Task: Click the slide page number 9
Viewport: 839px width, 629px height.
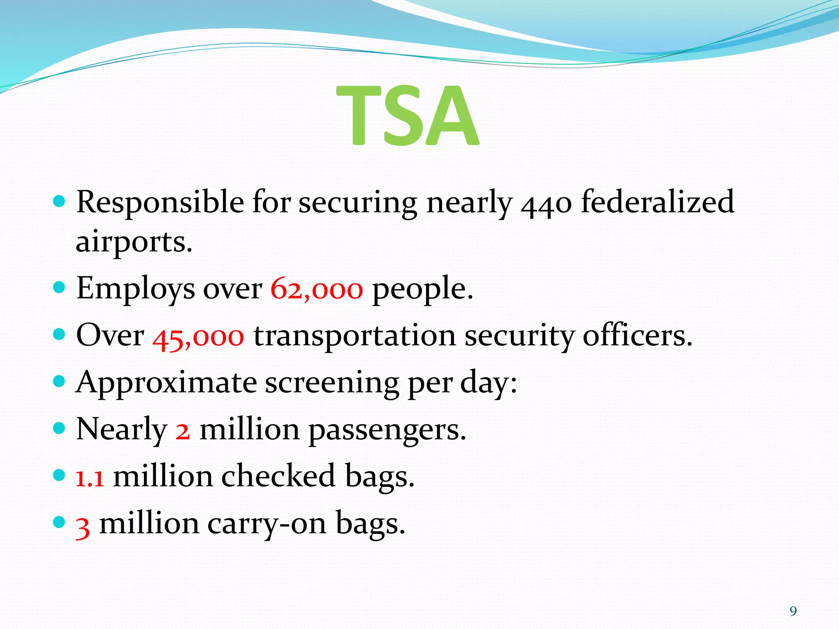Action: coord(793,611)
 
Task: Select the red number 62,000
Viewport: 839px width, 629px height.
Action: coord(317,289)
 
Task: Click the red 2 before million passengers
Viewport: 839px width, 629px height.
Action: coord(183,430)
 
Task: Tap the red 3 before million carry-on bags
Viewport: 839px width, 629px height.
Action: coord(83,525)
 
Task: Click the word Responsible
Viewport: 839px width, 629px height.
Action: coord(160,203)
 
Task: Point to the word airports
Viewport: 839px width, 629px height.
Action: coord(134,242)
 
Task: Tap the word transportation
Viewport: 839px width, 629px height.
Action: coord(355,336)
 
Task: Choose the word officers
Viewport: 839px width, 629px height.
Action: coord(637,336)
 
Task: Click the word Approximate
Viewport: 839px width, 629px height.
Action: coord(166,383)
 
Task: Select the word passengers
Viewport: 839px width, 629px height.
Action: coord(387,430)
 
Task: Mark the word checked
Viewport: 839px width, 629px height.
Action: coord(278,477)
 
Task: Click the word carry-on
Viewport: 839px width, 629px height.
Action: coord(267,524)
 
